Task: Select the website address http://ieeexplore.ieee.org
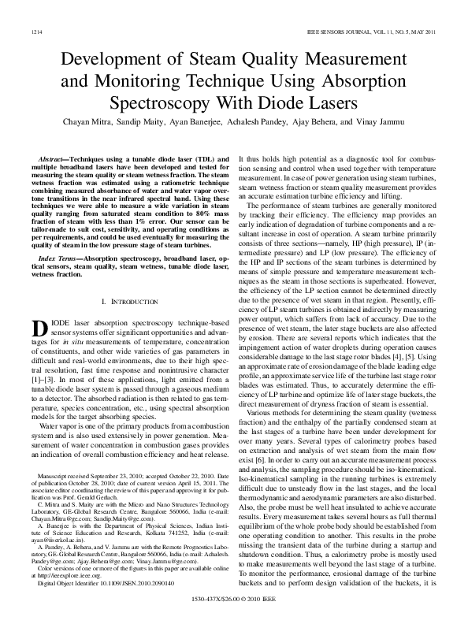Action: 66,575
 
